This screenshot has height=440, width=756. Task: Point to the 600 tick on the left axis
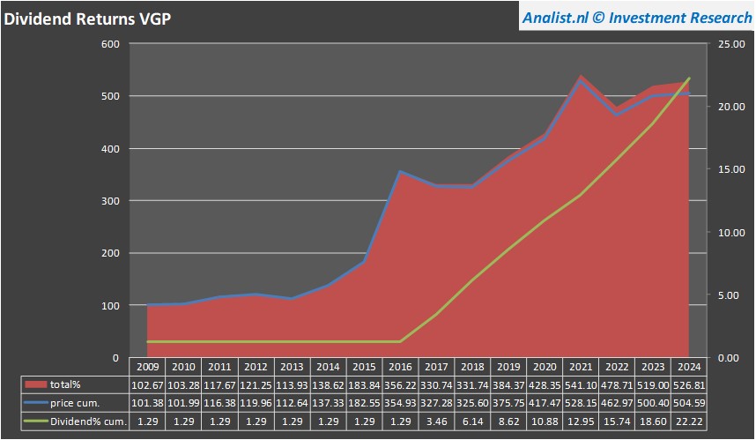tap(109, 44)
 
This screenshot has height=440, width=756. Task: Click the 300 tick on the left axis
tap(109, 201)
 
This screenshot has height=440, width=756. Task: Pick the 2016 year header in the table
tap(400, 367)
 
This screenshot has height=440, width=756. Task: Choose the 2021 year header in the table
tap(580, 367)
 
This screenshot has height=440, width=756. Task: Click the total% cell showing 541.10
tap(580, 384)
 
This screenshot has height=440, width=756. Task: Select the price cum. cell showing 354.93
tap(400, 403)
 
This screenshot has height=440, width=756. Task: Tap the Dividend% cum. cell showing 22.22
tap(688, 421)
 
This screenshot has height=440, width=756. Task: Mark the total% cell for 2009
tap(148, 384)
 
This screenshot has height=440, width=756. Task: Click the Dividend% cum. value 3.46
tap(436, 421)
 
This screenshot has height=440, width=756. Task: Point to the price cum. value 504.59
tap(688, 403)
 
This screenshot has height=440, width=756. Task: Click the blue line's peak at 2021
tap(580, 81)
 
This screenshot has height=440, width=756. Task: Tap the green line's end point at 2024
tap(688, 78)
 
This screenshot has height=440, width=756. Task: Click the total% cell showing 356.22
tap(400, 384)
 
